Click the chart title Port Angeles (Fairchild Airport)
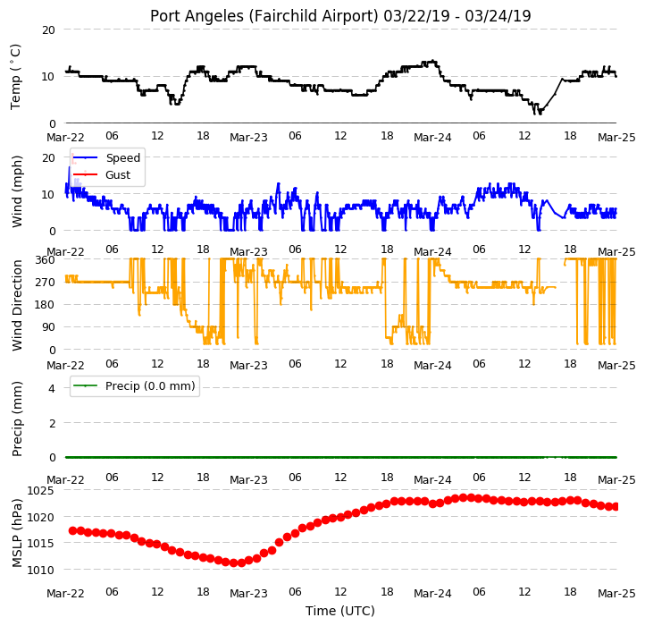pos(264,16)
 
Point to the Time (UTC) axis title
pos(340,611)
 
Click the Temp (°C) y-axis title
pos(15,77)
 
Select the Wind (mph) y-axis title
pos(16,191)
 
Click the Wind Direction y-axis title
pos(16,305)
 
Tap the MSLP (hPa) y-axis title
pos(16,533)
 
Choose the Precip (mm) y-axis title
pos(16,419)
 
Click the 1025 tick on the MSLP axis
pos(41,490)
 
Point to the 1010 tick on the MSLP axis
pos(41,570)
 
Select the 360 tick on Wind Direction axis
pos(46,260)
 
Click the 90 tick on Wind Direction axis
pos(48,327)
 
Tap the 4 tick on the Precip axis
pos(52,388)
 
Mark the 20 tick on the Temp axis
pos(48,30)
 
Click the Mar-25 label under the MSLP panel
pos(616,594)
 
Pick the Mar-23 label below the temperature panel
pos(248,137)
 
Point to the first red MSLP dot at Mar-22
pos(73,530)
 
